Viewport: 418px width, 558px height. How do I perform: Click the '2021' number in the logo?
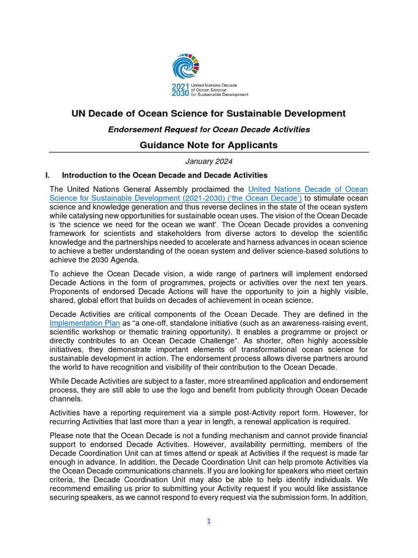click(180, 87)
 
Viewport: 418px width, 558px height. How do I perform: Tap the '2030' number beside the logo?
click(180, 94)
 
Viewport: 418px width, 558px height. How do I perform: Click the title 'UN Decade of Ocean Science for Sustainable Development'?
click(208, 113)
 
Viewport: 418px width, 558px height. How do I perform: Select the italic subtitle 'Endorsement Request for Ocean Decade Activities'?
click(208, 129)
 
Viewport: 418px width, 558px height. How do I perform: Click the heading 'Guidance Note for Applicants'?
click(208, 145)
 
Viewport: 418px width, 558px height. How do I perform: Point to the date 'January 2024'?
click(208, 161)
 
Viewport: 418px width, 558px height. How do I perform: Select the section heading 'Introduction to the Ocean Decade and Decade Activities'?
click(164, 175)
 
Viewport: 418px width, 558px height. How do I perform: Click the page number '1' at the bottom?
click(208, 521)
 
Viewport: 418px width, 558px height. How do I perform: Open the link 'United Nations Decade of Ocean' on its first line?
click(308, 189)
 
